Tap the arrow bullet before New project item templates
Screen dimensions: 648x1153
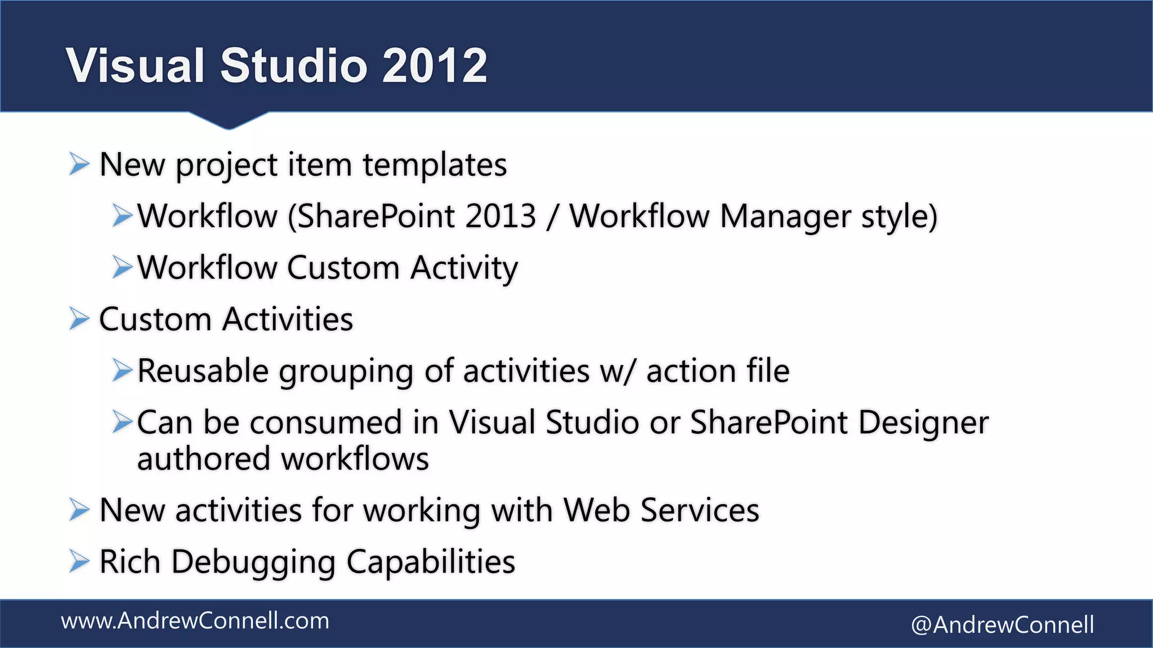(79, 164)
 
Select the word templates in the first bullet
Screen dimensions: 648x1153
(434, 165)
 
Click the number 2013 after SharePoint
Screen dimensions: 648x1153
(500, 216)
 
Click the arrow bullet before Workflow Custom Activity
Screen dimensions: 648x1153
(122, 267)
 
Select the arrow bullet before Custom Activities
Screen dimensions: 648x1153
(79, 319)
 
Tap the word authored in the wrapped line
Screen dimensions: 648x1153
(203, 459)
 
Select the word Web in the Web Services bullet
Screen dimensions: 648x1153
(596, 510)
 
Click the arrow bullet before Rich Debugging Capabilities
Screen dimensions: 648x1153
(79, 561)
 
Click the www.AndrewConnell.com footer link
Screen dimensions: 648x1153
(195, 621)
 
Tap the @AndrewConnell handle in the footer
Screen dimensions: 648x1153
(1002, 625)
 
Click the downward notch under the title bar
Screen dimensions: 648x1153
(229, 120)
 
